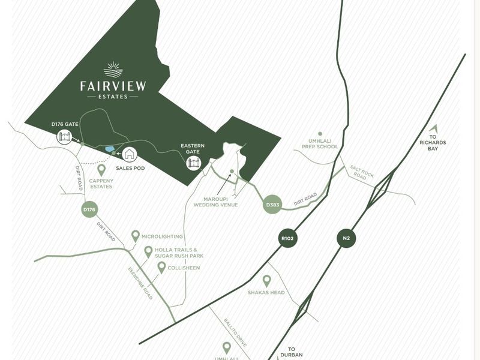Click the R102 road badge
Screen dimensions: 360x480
pyautogui.click(x=288, y=238)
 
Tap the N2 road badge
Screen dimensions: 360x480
pyautogui.click(x=346, y=238)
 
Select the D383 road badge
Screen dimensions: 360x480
pyautogui.click(x=273, y=205)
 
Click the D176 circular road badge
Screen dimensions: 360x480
pyautogui.click(x=89, y=209)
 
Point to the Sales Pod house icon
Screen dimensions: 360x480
pyautogui.click(x=130, y=154)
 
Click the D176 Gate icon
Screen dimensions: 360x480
pyautogui.click(x=64, y=137)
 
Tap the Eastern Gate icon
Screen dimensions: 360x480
pyautogui.click(x=193, y=163)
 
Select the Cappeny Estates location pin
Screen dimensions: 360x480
pyautogui.click(x=101, y=170)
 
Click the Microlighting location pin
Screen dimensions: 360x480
pyautogui.click(x=136, y=236)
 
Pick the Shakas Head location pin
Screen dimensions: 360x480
pyautogui.click(x=267, y=280)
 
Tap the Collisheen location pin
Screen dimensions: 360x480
pyautogui.click(x=161, y=267)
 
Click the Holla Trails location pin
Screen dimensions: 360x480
pyautogui.click(x=148, y=251)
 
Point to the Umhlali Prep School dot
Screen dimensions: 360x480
pyautogui.click(x=320, y=134)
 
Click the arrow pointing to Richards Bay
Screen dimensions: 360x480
pyautogui.click(x=434, y=128)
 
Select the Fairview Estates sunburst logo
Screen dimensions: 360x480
pyautogui.click(x=113, y=70)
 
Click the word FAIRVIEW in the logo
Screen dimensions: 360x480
pyautogui.click(x=113, y=86)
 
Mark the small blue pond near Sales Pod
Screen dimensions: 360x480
pyautogui.click(x=110, y=149)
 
